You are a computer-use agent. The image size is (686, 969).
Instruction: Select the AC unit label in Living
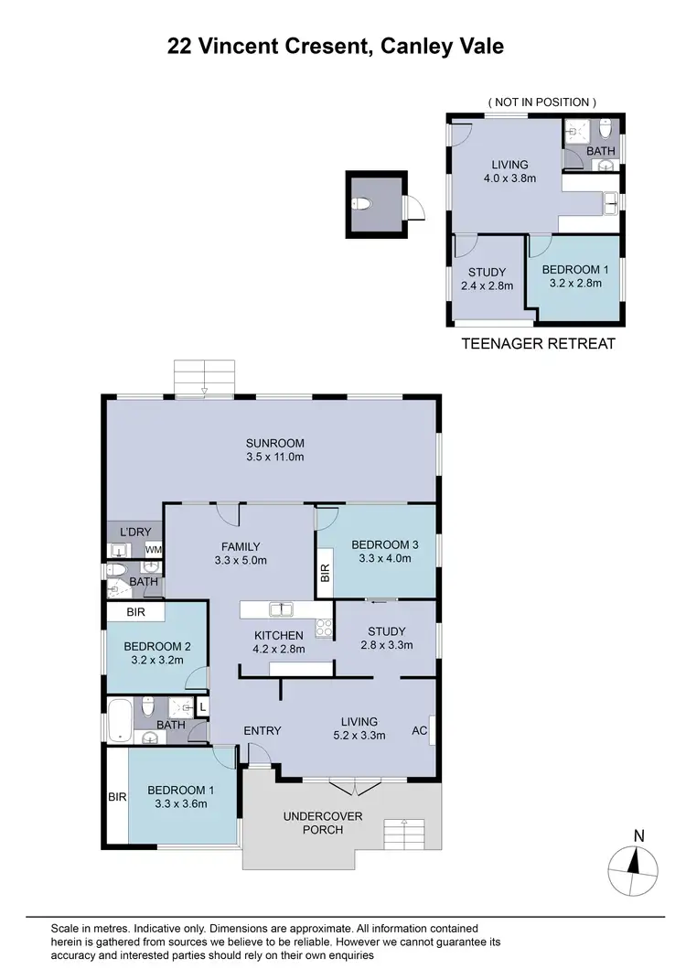pyautogui.click(x=420, y=730)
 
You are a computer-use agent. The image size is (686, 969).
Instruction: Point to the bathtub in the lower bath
pyautogui.click(x=120, y=721)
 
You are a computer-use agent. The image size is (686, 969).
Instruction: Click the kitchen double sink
pyautogui.click(x=280, y=609)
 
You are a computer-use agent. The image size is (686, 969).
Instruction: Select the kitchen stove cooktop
pyautogui.click(x=323, y=628)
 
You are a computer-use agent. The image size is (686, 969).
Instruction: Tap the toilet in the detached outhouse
pyautogui.click(x=363, y=203)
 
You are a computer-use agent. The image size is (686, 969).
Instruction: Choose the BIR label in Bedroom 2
pyautogui.click(x=135, y=611)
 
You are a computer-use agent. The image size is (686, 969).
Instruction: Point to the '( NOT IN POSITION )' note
pyautogui.click(x=542, y=102)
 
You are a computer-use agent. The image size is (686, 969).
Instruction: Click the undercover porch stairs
pyautogui.click(x=401, y=834)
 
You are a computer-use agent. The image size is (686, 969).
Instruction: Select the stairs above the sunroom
pyautogui.click(x=205, y=377)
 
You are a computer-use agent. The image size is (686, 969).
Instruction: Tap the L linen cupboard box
pyautogui.click(x=202, y=705)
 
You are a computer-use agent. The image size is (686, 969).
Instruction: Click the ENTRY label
pyautogui.click(x=262, y=730)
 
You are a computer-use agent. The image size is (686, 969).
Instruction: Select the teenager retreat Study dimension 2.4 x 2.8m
pyautogui.click(x=487, y=285)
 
